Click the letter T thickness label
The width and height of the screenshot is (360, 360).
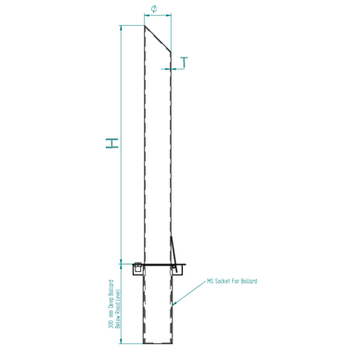point(185,62)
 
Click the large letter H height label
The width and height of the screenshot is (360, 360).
point(111,144)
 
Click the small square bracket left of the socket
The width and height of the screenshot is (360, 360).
point(137,268)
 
